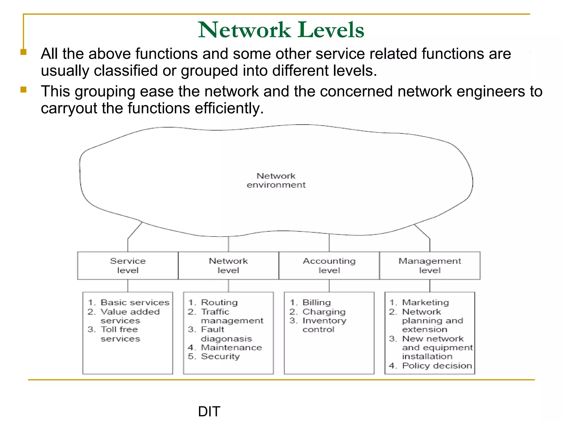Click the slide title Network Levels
point(281,30)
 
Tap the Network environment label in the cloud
point(276,180)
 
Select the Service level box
point(128,265)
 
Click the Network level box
point(228,265)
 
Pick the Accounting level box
point(329,265)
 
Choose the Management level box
point(430,265)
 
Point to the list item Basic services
point(135,302)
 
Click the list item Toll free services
point(119,334)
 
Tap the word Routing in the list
point(219,302)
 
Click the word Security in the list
point(220,356)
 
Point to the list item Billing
point(316,302)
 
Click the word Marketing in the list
point(425,302)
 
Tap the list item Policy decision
point(437,366)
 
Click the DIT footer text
point(209,411)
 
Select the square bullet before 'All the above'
point(24,52)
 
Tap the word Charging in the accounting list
point(324,312)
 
